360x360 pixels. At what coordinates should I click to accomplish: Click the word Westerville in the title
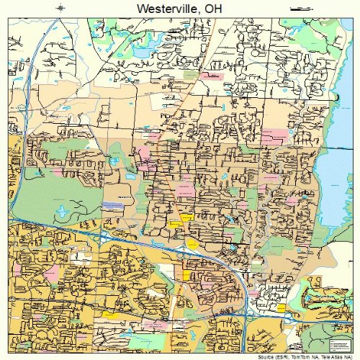coord(159,8)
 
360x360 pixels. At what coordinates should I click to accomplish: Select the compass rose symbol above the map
coord(61,8)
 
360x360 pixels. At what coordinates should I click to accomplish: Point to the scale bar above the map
coord(298,8)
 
